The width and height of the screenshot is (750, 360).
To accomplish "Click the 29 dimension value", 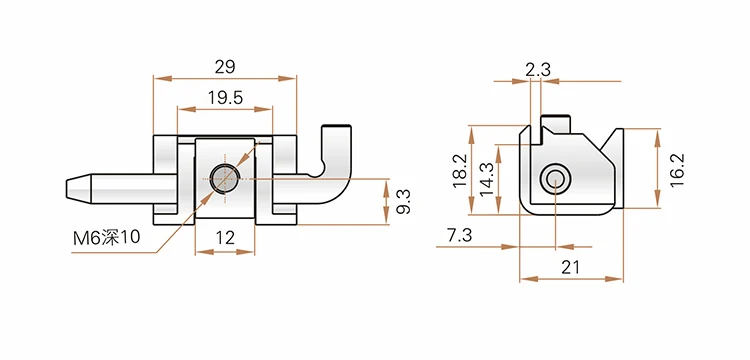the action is pyautogui.click(x=225, y=67).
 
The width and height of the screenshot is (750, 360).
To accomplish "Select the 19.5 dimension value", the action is pyautogui.click(x=225, y=98).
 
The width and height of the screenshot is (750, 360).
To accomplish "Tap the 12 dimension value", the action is pyautogui.click(x=225, y=237).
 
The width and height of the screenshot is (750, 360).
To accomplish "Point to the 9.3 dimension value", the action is pyautogui.click(x=404, y=201).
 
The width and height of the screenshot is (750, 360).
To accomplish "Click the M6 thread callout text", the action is pyautogui.click(x=107, y=238).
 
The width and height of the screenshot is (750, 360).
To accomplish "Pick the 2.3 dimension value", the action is pyautogui.click(x=538, y=70).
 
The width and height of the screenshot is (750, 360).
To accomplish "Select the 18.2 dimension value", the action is pyautogui.click(x=461, y=171).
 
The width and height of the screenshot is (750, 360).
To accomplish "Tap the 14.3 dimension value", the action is pyautogui.click(x=487, y=179).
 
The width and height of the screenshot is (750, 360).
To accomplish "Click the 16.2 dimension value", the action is pyautogui.click(x=677, y=170).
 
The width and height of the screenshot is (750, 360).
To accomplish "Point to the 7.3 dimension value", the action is pyautogui.click(x=459, y=235).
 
